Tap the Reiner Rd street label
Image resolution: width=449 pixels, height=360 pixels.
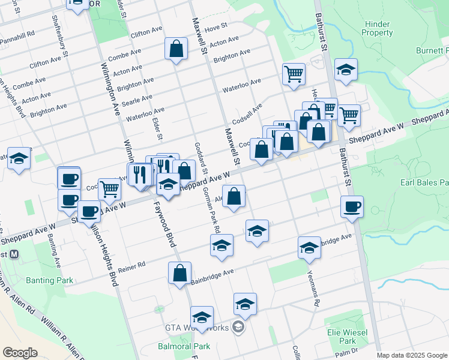tap(133, 265)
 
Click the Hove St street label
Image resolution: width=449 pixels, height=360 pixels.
tap(216, 27)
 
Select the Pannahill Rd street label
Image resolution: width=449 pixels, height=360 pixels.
tap(18, 35)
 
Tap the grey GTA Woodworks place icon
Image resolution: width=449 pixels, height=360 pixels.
tap(238, 327)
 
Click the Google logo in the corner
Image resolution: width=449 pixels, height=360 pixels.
tap(20, 353)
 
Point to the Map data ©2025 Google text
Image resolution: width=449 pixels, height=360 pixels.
tap(411, 355)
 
